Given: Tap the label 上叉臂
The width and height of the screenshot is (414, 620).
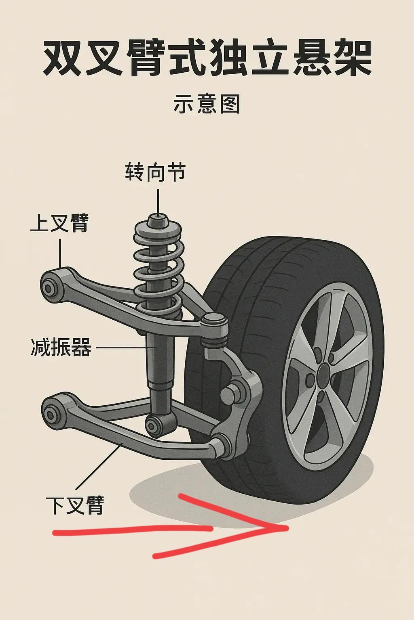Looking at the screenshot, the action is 59,223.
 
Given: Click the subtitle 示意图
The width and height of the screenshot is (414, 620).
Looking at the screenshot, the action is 207,104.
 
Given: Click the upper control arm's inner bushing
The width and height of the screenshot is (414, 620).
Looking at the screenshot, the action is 49,288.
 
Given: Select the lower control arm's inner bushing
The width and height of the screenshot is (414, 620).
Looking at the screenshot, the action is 51,415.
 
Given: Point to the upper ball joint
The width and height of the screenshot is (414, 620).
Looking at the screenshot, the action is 214,329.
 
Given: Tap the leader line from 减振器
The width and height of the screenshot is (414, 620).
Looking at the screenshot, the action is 127,347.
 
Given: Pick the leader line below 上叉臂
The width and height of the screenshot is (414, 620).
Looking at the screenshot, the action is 60,253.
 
